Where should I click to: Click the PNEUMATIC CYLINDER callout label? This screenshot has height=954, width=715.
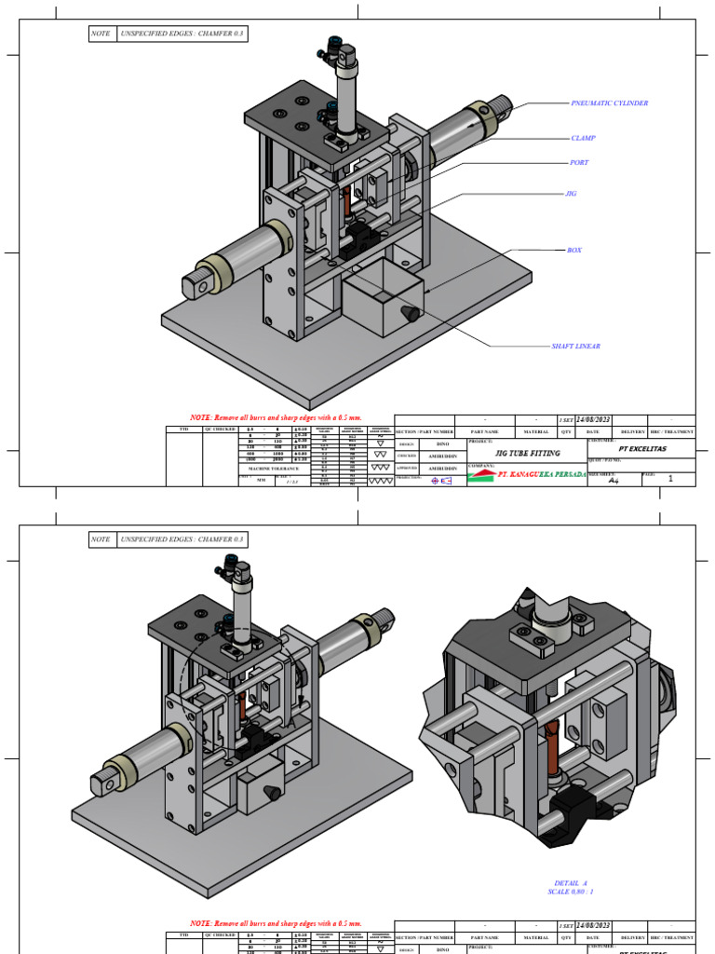(609, 103)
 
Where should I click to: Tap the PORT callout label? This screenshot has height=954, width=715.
(579, 163)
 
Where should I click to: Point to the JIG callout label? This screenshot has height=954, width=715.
(572, 194)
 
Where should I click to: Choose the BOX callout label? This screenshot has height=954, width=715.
(573, 251)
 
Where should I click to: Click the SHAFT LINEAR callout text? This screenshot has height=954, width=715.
(575, 347)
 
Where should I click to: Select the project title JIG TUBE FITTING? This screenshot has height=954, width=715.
(527, 452)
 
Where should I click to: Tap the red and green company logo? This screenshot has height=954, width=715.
(480, 475)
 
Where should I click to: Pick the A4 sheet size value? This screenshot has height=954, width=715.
(613, 481)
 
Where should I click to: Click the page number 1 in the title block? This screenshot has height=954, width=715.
(670, 478)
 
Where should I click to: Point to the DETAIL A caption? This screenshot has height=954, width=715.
(570, 882)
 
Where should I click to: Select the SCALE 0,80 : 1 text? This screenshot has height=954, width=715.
(570, 892)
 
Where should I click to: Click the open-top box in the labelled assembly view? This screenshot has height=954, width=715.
(382, 296)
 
